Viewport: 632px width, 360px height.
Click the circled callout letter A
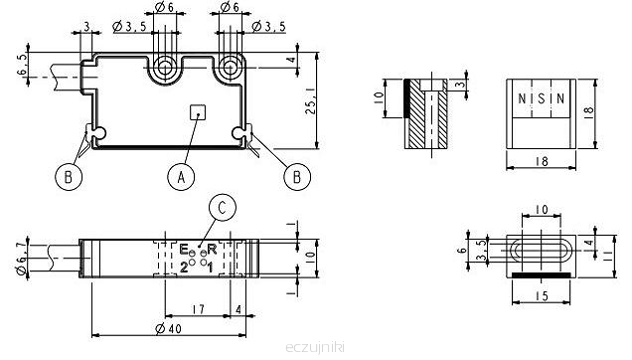[181, 176]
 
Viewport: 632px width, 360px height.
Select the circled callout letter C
[222, 208]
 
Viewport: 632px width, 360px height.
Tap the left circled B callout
[69, 176]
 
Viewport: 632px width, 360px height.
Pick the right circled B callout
[297, 176]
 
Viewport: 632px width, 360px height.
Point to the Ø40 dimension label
[169, 328]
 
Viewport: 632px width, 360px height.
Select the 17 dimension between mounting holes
[198, 309]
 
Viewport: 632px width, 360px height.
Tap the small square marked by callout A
[198, 112]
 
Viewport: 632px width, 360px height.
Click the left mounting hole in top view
[164, 67]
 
